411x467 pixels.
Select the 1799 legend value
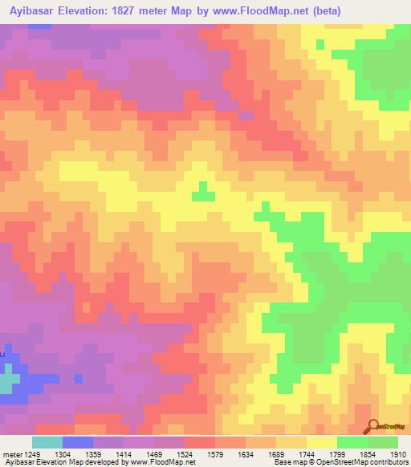click(354, 455)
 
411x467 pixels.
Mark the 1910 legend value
click(398, 455)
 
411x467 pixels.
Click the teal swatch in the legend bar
click(47, 442)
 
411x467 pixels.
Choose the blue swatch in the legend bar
click(78, 442)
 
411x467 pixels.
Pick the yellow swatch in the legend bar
click(322, 442)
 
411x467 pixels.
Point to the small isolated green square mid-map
click(204, 193)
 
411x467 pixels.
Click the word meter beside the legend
click(11, 455)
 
